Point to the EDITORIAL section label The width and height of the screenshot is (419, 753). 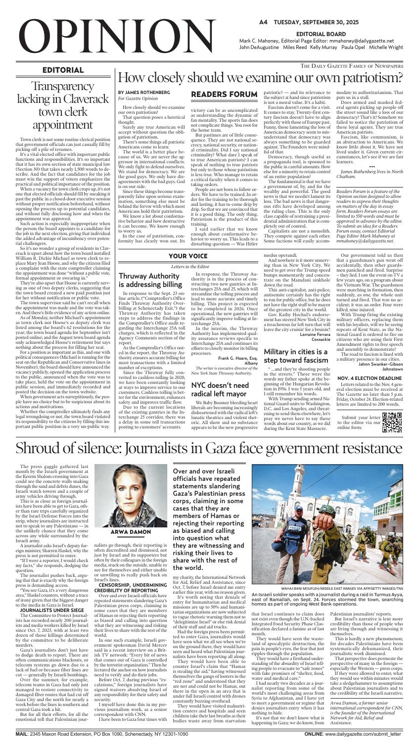[62, 70]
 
